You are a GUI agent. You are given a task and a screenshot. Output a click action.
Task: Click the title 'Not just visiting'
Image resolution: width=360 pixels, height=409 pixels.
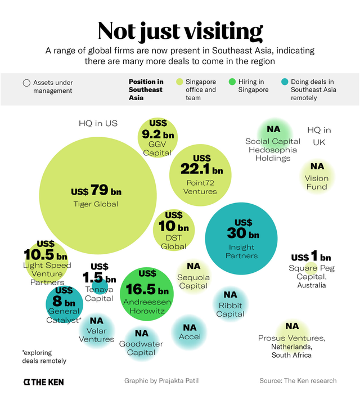click(x=180, y=32)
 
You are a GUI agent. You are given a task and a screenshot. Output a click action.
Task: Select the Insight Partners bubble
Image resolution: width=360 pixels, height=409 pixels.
click(x=241, y=239)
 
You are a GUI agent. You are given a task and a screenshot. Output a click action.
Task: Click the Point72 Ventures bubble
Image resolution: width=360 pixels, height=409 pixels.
click(x=200, y=175)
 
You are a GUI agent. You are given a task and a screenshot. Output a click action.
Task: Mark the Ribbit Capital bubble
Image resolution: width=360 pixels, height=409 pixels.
click(x=230, y=304)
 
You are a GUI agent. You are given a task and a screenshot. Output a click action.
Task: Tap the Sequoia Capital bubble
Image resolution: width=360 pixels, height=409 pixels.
click(x=193, y=276)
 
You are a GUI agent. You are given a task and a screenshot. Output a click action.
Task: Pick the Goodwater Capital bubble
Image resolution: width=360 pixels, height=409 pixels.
click(x=141, y=344)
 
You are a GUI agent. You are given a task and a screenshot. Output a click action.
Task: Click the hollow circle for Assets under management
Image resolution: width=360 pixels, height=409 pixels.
click(x=26, y=83)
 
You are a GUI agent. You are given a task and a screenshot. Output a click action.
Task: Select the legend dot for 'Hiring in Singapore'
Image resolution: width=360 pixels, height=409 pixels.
click(x=231, y=82)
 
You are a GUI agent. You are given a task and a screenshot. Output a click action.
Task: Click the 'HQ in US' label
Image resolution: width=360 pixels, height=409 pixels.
click(x=98, y=123)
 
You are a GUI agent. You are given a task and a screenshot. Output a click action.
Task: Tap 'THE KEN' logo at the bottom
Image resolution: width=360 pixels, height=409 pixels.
click(x=43, y=382)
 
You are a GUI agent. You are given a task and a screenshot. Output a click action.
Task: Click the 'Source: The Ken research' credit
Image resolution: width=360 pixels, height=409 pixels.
click(x=298, y=381)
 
